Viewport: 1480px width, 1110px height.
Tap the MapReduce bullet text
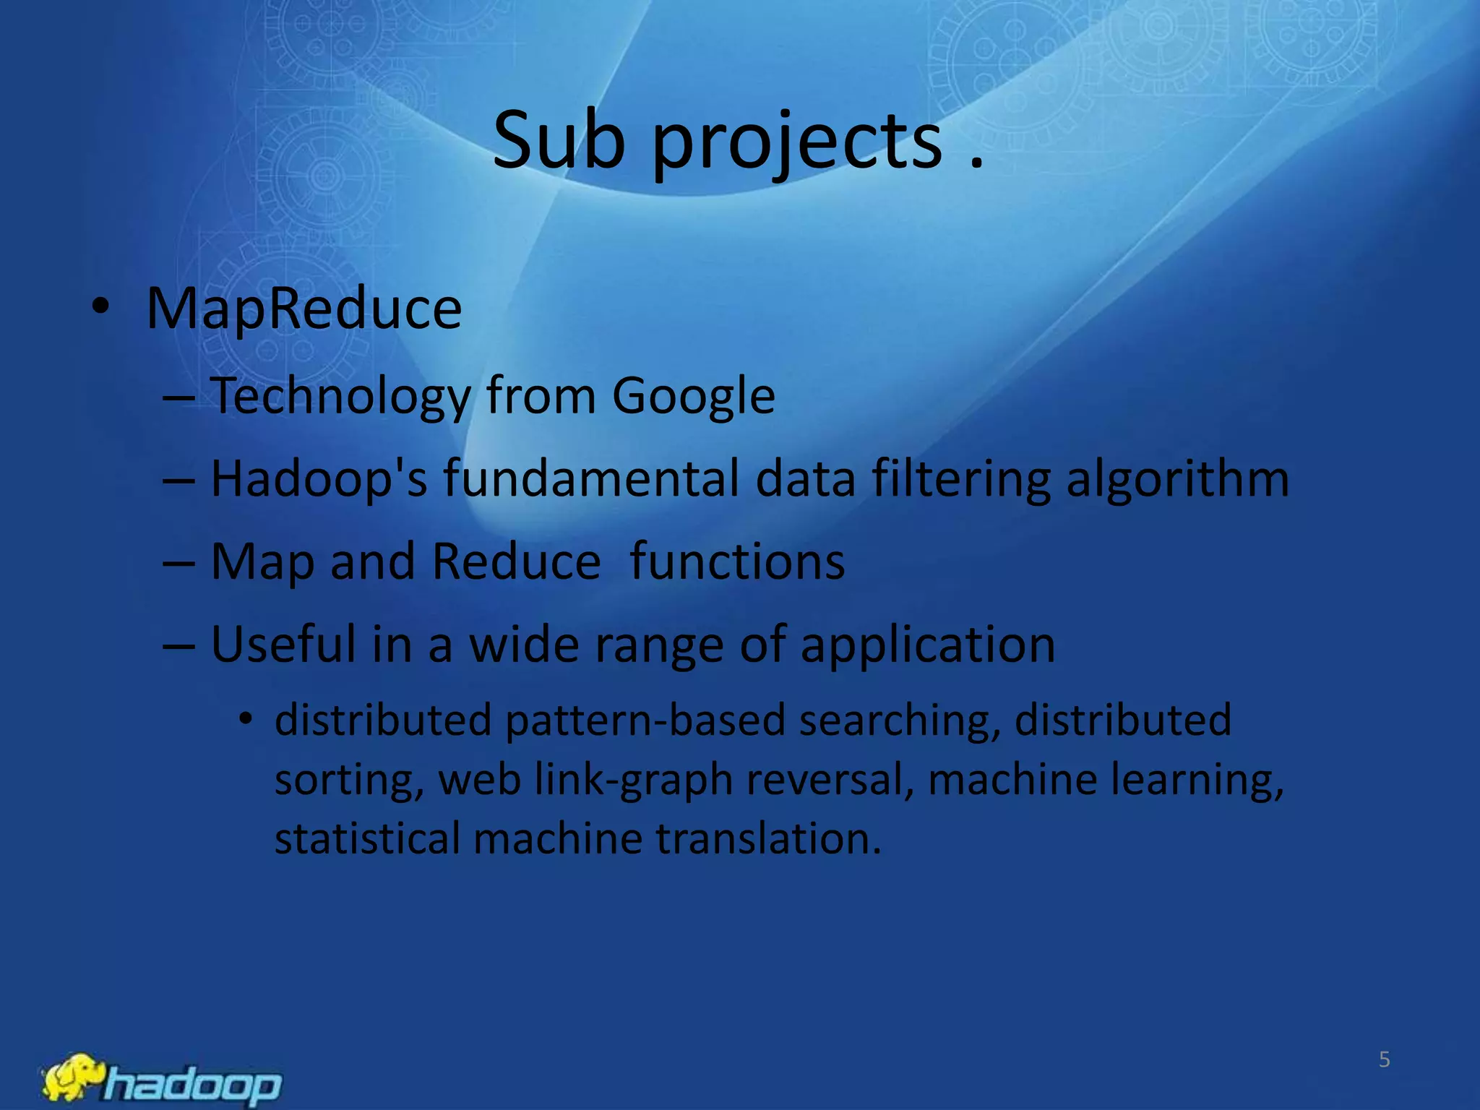[304, 309]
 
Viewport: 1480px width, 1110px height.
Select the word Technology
[340, 397]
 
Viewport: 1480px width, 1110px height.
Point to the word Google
[693, 397]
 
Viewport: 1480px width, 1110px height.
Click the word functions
[737, 562]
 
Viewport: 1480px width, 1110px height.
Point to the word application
[928, 645]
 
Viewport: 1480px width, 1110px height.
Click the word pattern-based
[645, 720]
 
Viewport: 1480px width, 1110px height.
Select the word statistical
[367, 839]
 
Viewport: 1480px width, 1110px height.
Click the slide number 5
[1384, 1059]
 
